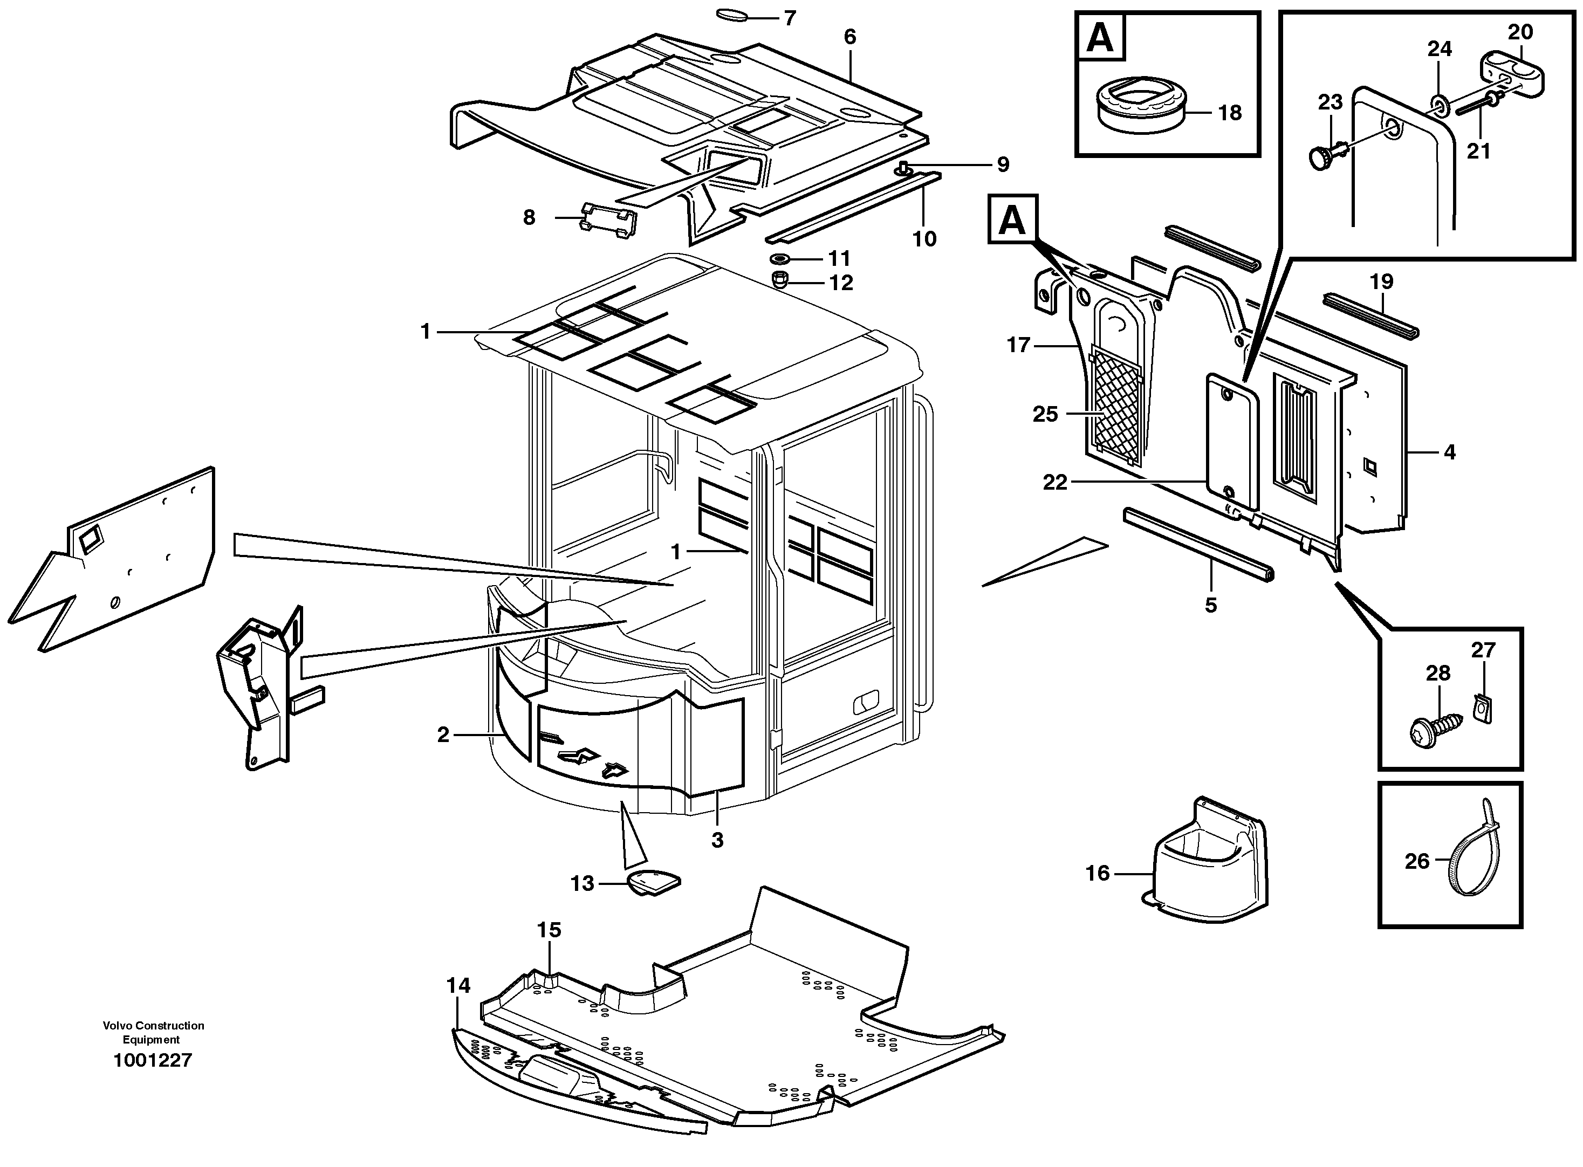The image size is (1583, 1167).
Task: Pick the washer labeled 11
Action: (x=782, y=258)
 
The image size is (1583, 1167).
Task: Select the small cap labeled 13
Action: (x=653, y=883)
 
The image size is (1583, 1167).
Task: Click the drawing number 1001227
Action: (x=153, y=1060)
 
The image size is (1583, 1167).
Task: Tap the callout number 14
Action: (x=458, y=985)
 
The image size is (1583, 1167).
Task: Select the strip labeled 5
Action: (x=1197, y=543)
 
